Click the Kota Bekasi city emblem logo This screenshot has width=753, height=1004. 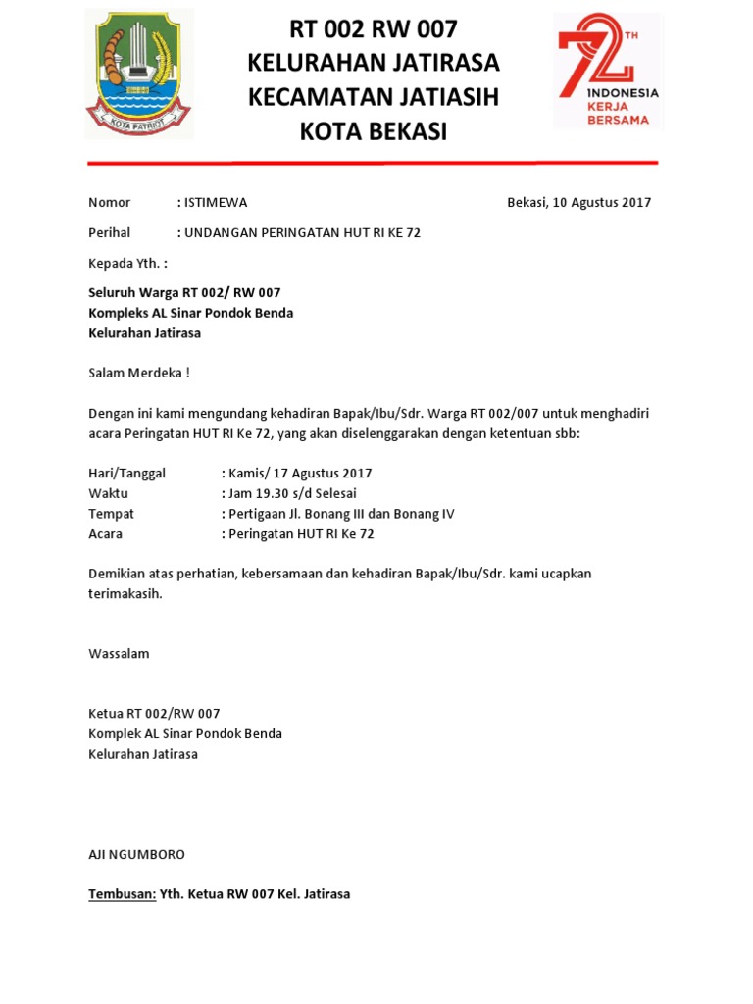pos(138,74)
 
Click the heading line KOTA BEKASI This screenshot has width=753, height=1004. pos(373,131)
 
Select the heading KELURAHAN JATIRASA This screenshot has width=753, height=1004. pos(373,63)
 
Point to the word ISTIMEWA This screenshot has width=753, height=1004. pos(215,203)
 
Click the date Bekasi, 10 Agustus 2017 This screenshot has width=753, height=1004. pos(578,203)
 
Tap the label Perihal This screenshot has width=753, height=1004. pos(109,233)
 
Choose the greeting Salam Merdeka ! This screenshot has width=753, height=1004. pos(138,373)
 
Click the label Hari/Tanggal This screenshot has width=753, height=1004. pos(126,473)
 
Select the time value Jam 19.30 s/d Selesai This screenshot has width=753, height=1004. pos(292,493)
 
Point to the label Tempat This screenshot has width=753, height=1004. pos(111,514)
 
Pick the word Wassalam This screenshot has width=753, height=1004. pos(119,653)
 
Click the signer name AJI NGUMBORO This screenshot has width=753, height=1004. pos(136,854)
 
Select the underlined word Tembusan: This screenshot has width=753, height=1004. pos(122,894)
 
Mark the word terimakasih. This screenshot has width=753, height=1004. pos(125,593)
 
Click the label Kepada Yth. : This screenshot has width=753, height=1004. pos(127,264)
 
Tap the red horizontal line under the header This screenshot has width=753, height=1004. pos(373,163)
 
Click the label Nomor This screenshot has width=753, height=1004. pos(109,203)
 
